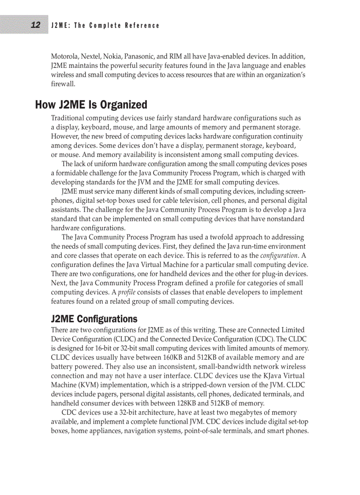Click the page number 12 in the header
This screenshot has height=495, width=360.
36,25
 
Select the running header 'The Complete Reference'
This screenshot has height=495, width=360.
117,26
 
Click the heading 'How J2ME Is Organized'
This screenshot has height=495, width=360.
91,105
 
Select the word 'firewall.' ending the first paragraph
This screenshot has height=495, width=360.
63,84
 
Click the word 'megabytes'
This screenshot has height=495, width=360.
251,413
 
